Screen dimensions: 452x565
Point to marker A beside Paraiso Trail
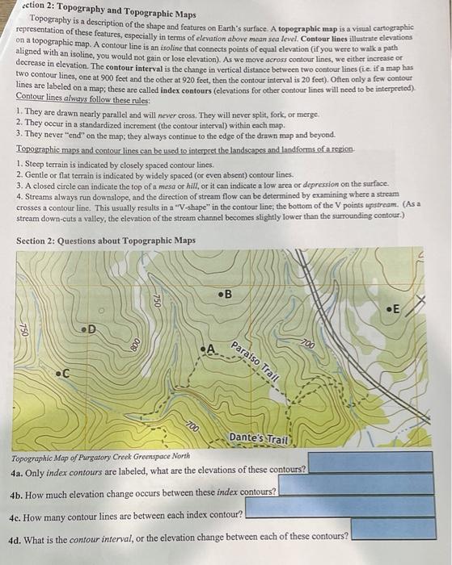(204, 349)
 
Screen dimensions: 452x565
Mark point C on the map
(57, 374)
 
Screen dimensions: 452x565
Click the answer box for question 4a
(374, 463)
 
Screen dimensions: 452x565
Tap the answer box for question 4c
(340, 508)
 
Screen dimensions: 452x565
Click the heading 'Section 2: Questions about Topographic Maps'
(105, 240)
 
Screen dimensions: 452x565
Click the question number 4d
(20, 535)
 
